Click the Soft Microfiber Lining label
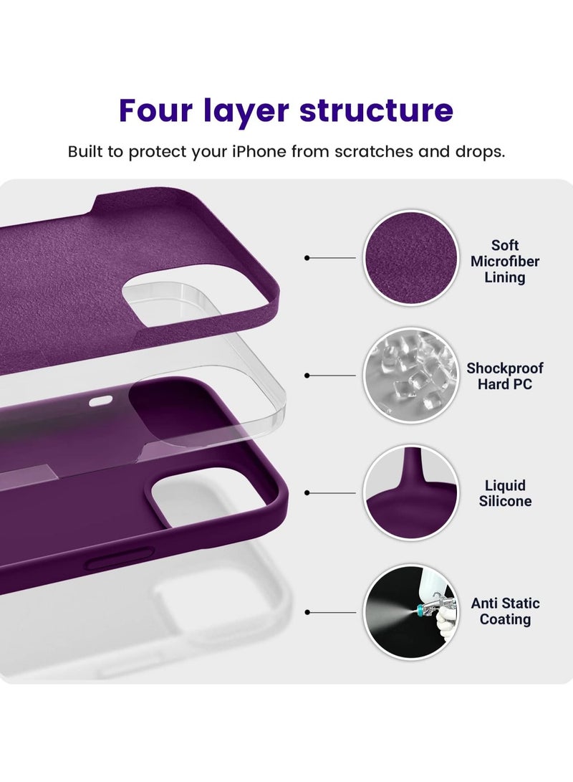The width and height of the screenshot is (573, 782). [505, 261]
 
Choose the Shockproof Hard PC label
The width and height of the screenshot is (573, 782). [505, 376]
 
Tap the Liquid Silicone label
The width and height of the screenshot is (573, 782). [505, 493]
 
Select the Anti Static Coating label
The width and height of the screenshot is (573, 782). [505, 611]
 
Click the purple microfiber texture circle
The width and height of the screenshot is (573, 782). [410, 257]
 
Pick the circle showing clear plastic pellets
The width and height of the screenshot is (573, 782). [410, 375]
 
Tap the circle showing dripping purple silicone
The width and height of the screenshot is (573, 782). [410, 492]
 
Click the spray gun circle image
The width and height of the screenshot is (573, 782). [410, 611]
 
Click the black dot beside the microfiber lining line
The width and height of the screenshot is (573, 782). [307, 257]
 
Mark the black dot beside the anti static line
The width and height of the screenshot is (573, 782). [307, 612]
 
